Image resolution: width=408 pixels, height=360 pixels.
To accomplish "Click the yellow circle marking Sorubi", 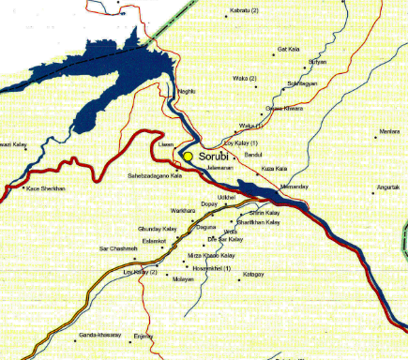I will point(188,156).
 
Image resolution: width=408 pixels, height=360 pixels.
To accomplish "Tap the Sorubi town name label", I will point(214,156).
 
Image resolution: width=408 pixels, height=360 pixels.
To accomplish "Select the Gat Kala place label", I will point(288,49).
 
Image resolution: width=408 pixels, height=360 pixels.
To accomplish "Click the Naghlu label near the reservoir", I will point(189,92).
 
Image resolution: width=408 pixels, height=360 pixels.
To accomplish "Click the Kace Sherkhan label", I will point(46,188).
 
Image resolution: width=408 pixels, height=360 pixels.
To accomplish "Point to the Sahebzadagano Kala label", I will point(154,176).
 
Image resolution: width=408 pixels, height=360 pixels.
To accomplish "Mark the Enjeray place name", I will point(144,335).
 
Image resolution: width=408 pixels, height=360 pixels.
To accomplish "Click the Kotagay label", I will point(254,273).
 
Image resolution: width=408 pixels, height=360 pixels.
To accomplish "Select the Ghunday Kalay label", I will point(157,229).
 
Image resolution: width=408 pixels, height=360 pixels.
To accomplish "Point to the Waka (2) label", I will point(245,78).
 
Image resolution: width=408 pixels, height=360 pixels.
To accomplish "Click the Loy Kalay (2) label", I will point(141,272).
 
